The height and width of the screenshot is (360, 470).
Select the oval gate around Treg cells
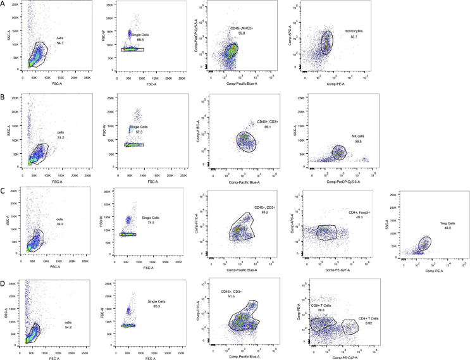tap(424, 243)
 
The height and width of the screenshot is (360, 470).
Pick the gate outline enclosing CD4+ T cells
tap(351, 328)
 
